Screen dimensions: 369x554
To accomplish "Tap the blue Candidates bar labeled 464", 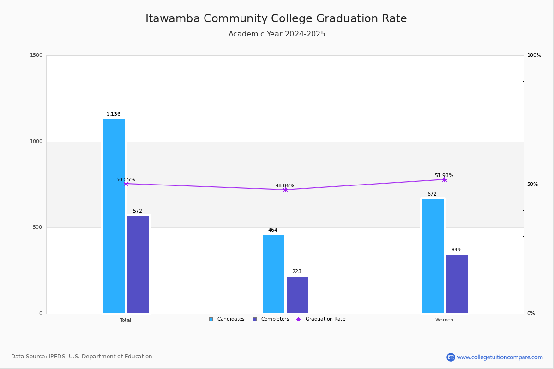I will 273,274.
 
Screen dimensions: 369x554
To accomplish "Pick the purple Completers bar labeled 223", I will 297,295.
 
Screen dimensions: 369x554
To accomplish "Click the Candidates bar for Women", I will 433,256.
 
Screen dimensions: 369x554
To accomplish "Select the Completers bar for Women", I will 457,284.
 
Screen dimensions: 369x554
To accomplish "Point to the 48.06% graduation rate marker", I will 285,190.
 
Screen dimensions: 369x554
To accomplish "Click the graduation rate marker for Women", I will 445,179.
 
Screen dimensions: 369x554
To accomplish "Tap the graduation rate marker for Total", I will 126,184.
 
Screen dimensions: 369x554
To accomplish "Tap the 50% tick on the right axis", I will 532,184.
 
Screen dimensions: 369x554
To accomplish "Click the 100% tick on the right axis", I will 534,55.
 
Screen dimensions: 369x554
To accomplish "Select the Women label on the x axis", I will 444,320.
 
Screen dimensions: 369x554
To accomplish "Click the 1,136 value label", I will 114,114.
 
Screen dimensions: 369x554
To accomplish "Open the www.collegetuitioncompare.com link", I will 500,357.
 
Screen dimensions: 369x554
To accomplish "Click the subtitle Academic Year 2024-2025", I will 277,34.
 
